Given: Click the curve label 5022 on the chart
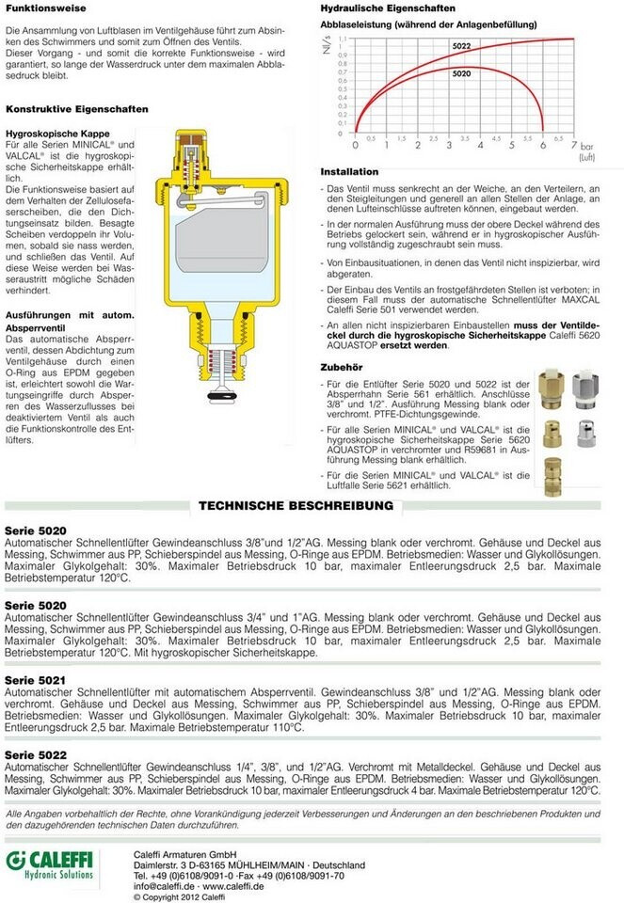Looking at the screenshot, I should (x=460, y=46).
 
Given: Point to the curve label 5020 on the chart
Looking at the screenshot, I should (x=461, y=72).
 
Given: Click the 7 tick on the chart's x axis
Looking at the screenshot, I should (x=573, y=146).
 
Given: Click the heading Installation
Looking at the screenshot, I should (x=349, y=172).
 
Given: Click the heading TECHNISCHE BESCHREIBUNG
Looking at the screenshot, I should (x=296, y=505).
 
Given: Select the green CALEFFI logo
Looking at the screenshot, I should (x=53, y=863).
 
